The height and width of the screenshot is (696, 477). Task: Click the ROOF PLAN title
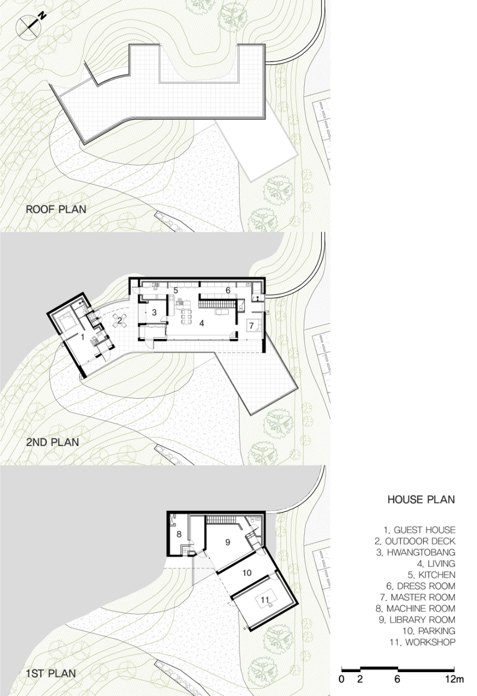56,210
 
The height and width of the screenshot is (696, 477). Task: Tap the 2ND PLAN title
52,442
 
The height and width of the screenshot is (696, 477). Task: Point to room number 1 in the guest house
82,337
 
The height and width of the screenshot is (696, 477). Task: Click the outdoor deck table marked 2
120,321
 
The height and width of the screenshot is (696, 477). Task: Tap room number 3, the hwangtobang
154,313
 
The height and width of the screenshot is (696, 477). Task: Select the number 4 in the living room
202,324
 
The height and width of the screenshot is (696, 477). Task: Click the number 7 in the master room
251,326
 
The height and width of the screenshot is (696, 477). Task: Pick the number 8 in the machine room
179,534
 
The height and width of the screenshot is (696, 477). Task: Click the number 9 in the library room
228,542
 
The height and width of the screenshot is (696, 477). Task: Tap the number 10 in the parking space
247,573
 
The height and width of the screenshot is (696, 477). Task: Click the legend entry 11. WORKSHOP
423,642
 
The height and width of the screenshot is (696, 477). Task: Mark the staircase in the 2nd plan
216,304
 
